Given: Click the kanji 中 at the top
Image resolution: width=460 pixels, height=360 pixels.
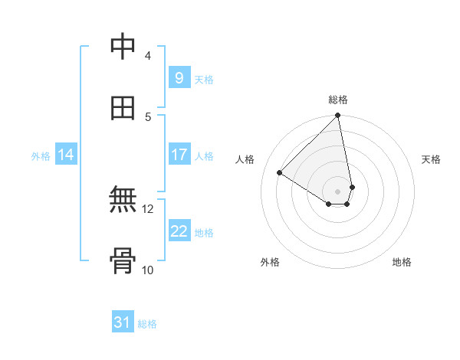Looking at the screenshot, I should (x=123, y=47).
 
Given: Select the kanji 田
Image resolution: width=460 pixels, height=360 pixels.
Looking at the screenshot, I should (x=123, y=109).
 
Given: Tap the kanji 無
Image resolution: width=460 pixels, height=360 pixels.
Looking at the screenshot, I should (x=123, y=201).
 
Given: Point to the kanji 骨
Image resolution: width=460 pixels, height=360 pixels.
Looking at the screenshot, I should (x=123, y=262).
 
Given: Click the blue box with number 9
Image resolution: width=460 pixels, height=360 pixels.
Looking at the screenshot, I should (x=179, y=78).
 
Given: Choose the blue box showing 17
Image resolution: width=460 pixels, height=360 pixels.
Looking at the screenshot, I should (x=179, y=155).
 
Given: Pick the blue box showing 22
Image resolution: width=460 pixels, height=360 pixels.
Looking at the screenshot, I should (x=179, y=231).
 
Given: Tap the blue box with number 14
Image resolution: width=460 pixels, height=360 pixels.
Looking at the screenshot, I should (x=66, y=155).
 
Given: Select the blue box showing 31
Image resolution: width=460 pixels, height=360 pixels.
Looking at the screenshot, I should (x=123, y=323).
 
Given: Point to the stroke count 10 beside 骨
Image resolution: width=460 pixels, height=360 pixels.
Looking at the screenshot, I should (x=147, y=270).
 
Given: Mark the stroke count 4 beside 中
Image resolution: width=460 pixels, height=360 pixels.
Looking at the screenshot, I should (x=147, y=55).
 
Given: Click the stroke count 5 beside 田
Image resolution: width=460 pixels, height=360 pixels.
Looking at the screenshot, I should (x=147, y=116).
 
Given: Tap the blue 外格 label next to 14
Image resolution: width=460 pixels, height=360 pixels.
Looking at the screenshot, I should (x=41, y=156).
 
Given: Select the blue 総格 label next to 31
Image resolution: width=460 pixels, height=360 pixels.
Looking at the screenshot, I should (x=147, y=324).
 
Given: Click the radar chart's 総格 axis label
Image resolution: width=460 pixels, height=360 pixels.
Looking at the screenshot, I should (x=338, y=100).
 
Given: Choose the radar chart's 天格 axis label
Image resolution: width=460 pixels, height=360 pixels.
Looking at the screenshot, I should (x=431, y=159).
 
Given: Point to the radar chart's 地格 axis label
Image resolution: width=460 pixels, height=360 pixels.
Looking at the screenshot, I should (x=402, y=262).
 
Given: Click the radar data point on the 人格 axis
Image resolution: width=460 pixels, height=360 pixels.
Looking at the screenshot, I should (x=280, y=173).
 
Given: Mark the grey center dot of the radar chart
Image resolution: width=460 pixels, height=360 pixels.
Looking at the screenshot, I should (x=338, y=191).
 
